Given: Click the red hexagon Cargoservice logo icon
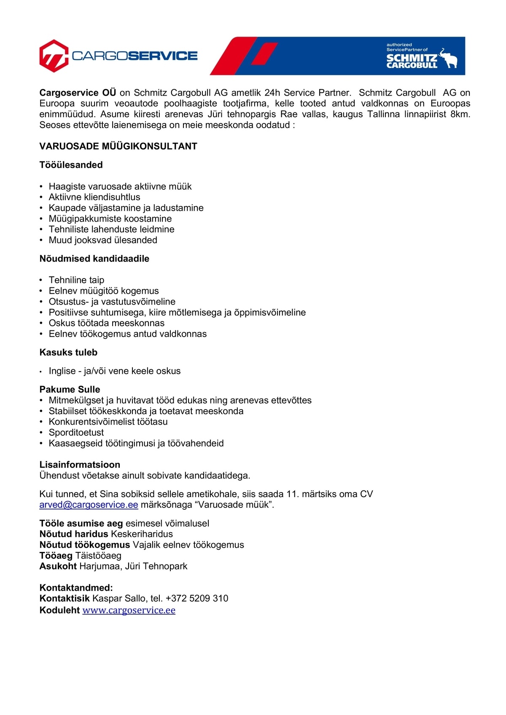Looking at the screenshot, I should point(54,56).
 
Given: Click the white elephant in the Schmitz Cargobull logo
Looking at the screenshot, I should point(448,58).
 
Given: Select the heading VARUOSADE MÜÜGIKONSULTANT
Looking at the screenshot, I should point(118,146).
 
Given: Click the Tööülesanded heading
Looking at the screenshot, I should point(71,165).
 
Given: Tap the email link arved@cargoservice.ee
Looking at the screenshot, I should point(89,505).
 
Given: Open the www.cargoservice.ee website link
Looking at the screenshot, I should point(129,610).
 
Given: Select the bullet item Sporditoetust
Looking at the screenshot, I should point(76,432).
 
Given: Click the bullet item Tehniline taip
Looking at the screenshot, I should point(76,280).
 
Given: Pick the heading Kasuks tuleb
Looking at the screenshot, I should point(68,352).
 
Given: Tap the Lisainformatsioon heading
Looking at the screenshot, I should point(80,465).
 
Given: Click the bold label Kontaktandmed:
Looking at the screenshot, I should point(76,587).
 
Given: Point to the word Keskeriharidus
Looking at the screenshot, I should point(142,534).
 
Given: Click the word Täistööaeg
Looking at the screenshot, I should point(98,555).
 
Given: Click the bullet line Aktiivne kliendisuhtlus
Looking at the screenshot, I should point(94,197).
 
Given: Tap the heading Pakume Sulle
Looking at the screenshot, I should point(70,389).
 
